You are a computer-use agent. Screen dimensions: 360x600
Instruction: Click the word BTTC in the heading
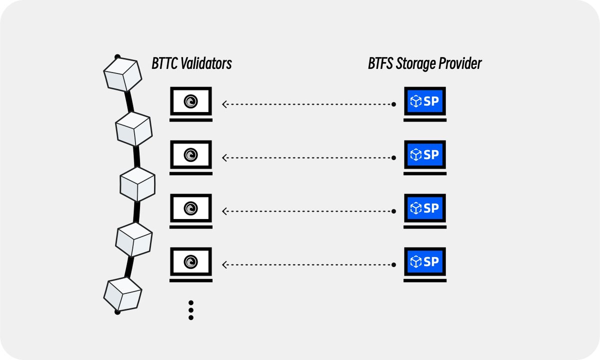[164, 64]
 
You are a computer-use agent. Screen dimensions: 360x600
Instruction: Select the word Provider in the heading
[463, 64]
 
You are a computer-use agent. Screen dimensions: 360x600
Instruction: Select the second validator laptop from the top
[190, 156]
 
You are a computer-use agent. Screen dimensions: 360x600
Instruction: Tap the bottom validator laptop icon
[190, 262]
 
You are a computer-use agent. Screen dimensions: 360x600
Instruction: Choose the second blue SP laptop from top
[424, 156]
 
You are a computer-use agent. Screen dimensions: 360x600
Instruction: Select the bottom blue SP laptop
[424, 262]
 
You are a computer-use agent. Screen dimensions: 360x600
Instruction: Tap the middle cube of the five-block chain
[138, 184]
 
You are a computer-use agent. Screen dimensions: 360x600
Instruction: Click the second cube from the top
[133, 128]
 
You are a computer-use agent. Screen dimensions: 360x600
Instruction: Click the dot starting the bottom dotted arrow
[394, 263]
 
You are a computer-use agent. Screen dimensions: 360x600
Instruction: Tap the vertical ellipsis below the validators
[190, 310]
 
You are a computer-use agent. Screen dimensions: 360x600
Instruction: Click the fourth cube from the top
[133, 239]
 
